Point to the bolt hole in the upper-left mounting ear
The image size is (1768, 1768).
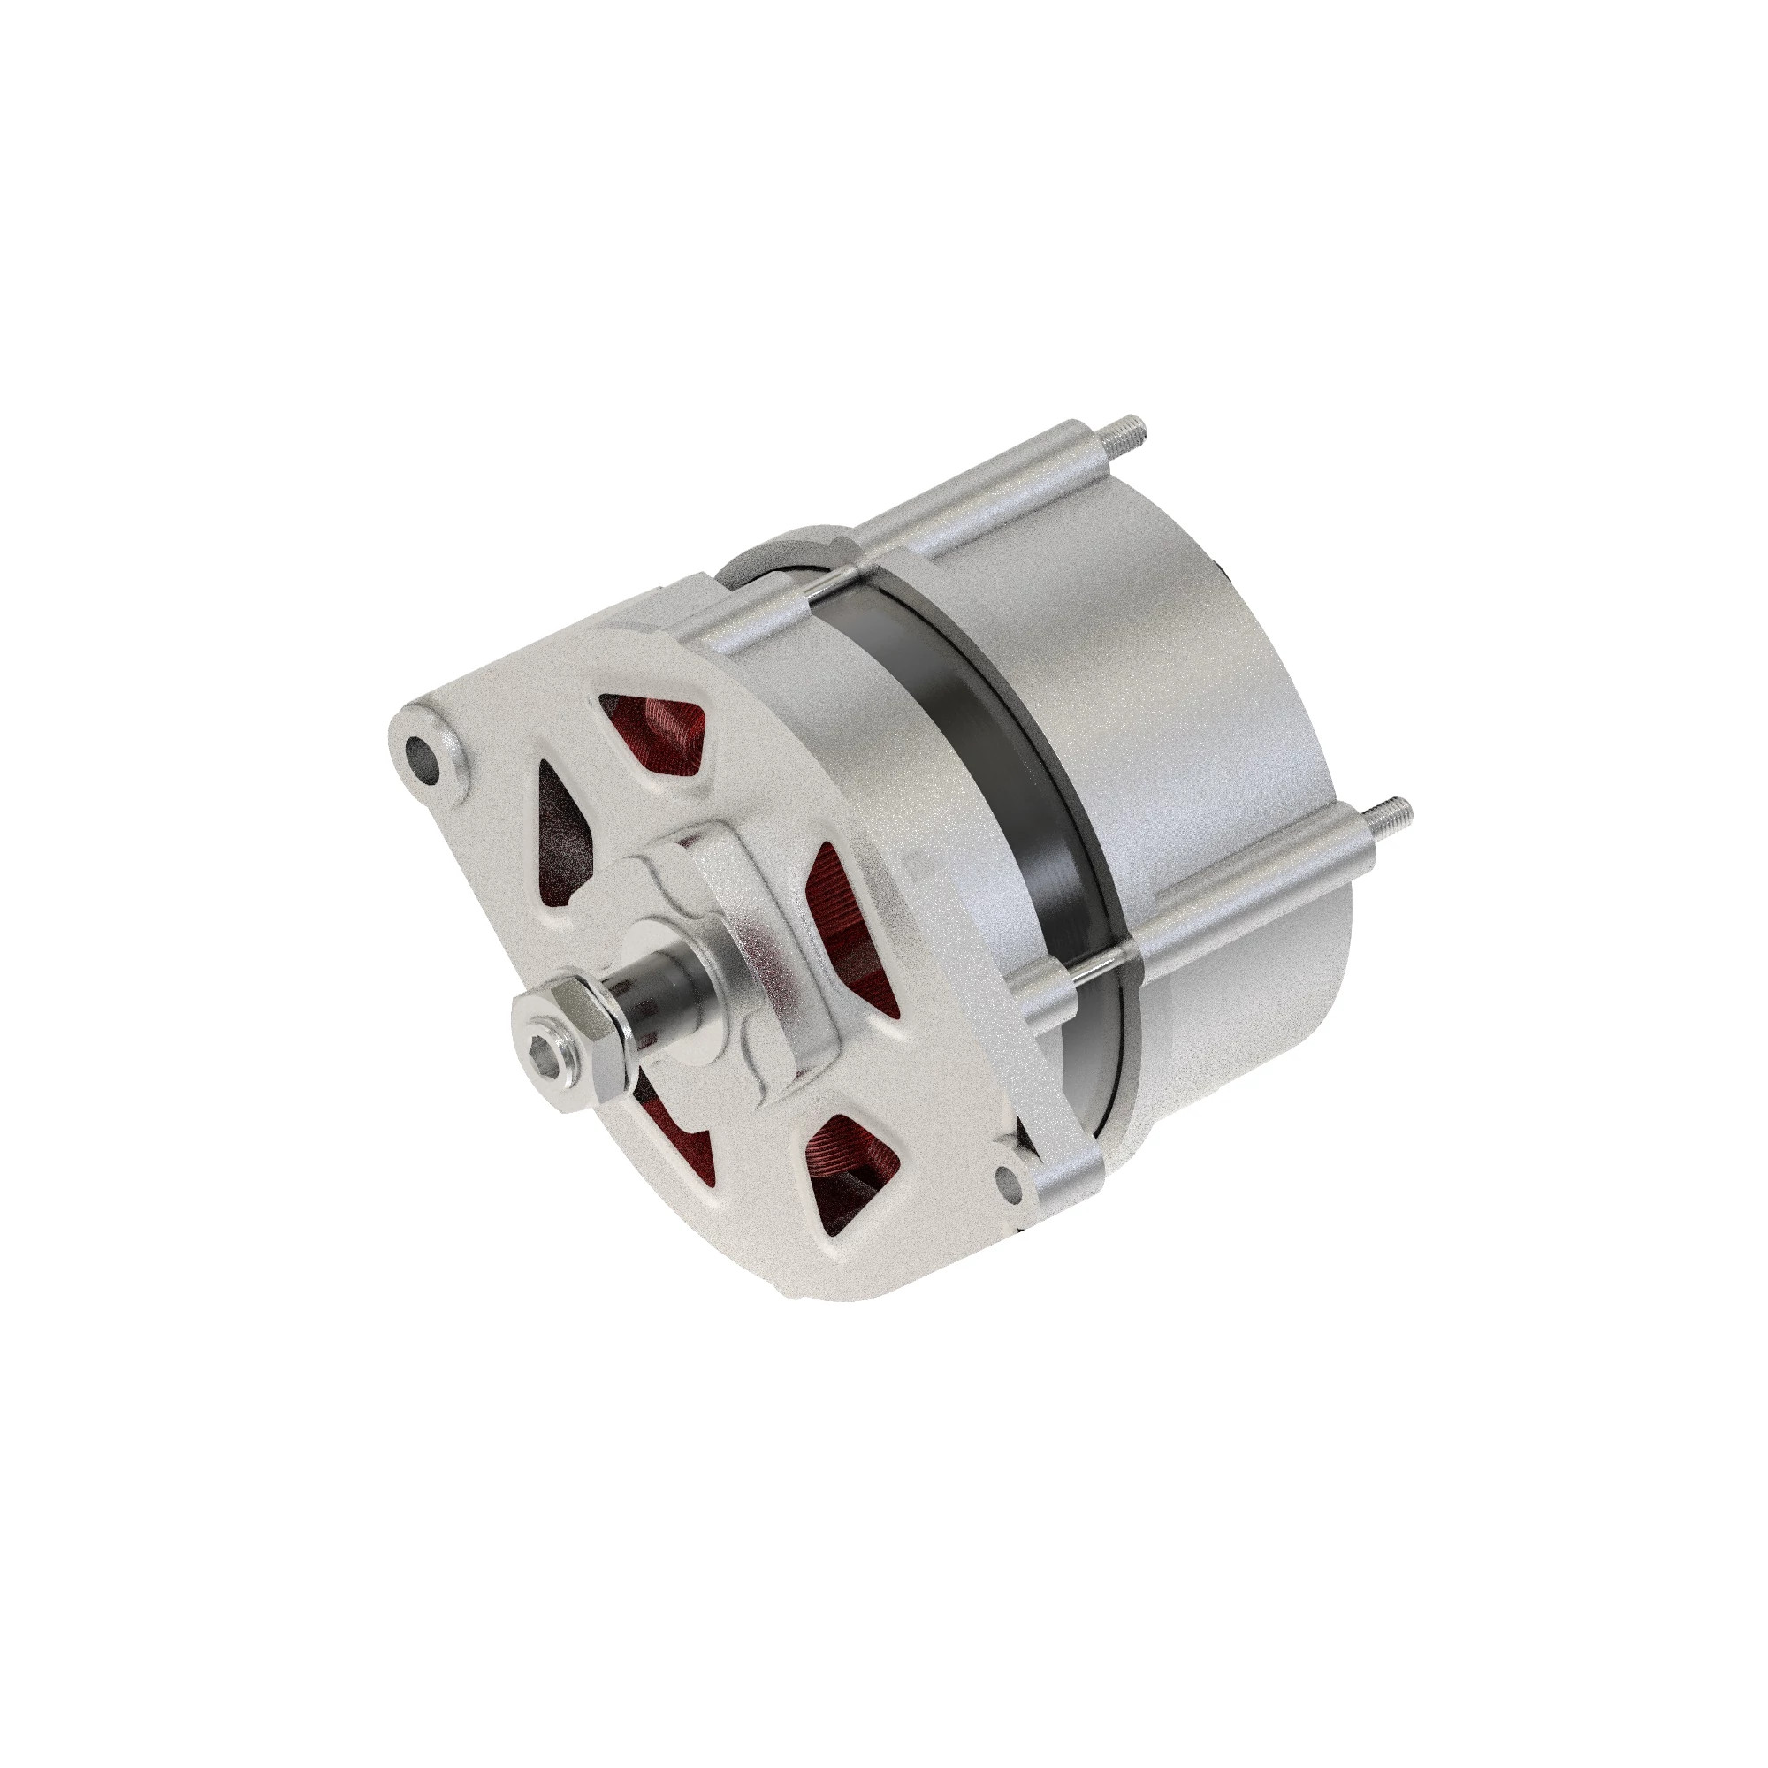[x=423, y=755]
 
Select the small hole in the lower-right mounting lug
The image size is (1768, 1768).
[x=1009, y=1181]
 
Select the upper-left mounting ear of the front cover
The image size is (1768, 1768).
[x=431, y=751]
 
